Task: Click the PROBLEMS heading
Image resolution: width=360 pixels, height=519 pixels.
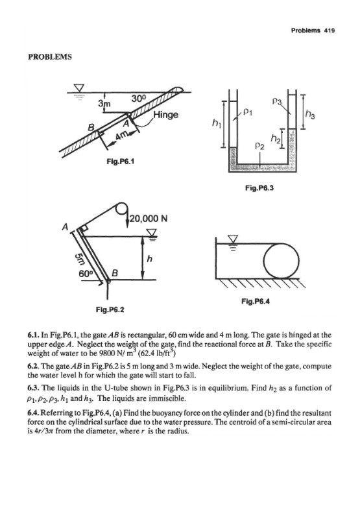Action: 50,56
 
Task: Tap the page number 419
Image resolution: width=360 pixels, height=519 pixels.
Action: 330,30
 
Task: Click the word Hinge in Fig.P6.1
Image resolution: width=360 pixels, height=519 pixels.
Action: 165,115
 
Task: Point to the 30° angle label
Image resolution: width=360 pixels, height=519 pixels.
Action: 138,99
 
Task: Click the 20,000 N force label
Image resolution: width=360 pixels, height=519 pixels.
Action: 149,219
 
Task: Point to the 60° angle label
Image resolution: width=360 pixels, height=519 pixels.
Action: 86,274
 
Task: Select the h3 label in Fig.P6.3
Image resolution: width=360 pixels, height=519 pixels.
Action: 310,115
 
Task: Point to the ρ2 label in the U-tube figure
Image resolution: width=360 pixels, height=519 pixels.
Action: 260,146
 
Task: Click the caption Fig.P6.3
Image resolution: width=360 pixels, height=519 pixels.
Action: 259,188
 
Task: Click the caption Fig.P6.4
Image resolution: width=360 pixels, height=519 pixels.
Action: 256,301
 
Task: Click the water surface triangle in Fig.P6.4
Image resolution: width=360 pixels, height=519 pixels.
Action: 234,238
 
